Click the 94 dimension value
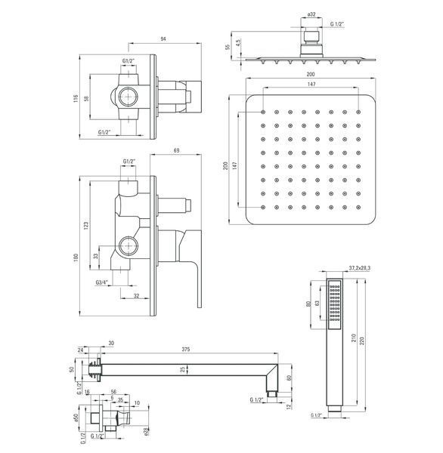[163, 39]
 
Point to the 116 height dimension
[76, 98]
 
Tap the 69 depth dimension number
[176, 150]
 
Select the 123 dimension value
[85, 225]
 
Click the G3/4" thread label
[101, 282]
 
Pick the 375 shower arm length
[186, 350]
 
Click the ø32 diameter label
[311, 14]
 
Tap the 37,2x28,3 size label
[359, 268]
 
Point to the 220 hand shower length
[362, 341]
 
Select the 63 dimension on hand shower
[318, 304]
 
